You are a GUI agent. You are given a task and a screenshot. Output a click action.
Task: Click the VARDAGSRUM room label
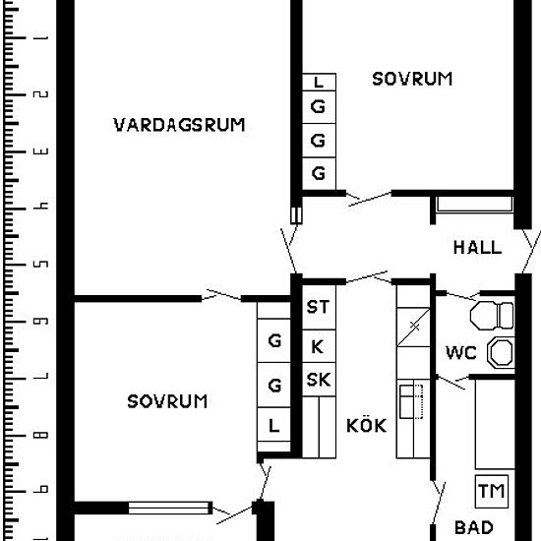click(178, 125)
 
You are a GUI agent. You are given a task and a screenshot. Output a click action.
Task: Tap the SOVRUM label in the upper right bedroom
click(412, 79)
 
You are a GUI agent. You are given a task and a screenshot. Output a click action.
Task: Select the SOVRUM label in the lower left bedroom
click(167, 401)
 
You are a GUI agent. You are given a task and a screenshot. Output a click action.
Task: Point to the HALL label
click(477, 248)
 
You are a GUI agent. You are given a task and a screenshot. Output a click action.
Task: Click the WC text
click(461, 352)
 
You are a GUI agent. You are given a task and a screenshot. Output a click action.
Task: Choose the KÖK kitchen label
click(366, 426)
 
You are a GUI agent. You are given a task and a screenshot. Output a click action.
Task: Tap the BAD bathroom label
click(473, 527)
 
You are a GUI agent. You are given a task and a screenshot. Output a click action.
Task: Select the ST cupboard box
click(318, 308)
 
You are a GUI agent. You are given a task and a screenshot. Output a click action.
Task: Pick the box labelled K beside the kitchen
click(317, 346)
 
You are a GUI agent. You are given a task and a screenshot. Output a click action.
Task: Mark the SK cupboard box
click(318, 380)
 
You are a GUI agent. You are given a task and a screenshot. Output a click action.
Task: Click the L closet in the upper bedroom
click(318, 83)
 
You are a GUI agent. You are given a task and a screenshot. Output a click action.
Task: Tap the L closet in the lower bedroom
click(274, 426)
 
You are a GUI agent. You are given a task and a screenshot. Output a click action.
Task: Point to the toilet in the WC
click(492, 316)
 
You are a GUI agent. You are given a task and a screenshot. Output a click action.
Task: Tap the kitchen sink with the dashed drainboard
click(411, 402)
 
